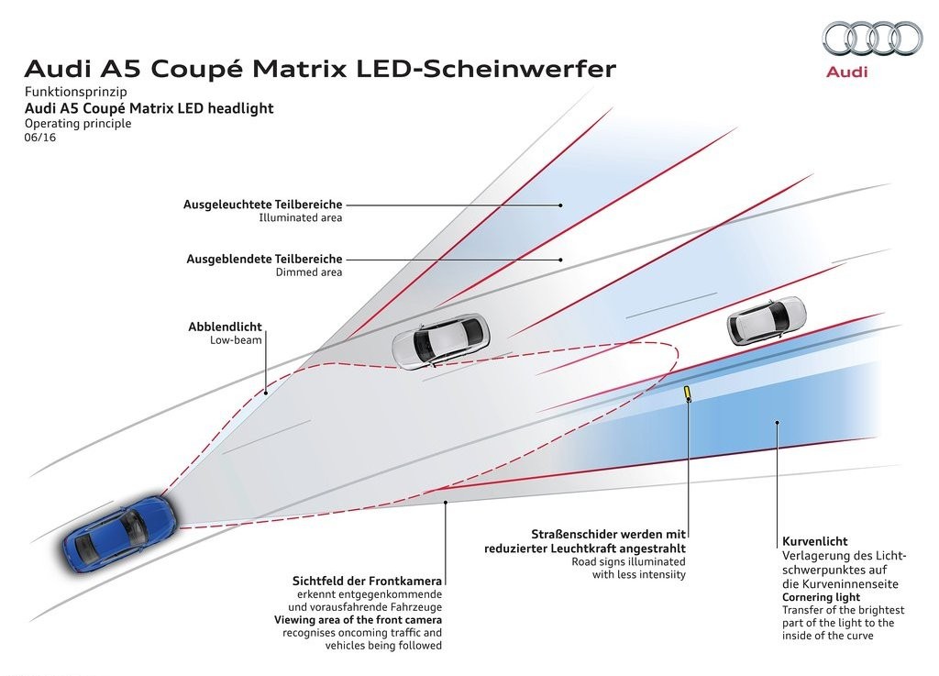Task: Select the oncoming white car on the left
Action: point(441,341)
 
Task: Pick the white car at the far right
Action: point(767,321)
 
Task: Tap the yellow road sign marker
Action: point(688,393)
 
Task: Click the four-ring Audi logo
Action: point(872,39)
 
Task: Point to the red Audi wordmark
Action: point(846,72)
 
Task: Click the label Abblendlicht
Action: point(225,327)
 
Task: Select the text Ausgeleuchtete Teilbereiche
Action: point(263,205)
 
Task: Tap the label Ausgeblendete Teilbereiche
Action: point(264,260)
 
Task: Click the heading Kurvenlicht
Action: point(815,541)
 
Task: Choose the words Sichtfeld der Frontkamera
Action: point(367,581)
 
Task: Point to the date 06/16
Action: point(40,137)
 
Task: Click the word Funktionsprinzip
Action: point(75,93)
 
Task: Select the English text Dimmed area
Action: point(309,272)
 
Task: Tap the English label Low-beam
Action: point(236,340)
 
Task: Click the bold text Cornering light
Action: point(821,597)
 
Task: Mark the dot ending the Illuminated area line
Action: point(560,205)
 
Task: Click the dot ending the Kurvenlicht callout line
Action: point(778,422)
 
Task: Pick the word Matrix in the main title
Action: point(299,69)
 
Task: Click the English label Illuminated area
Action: point(301,218)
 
